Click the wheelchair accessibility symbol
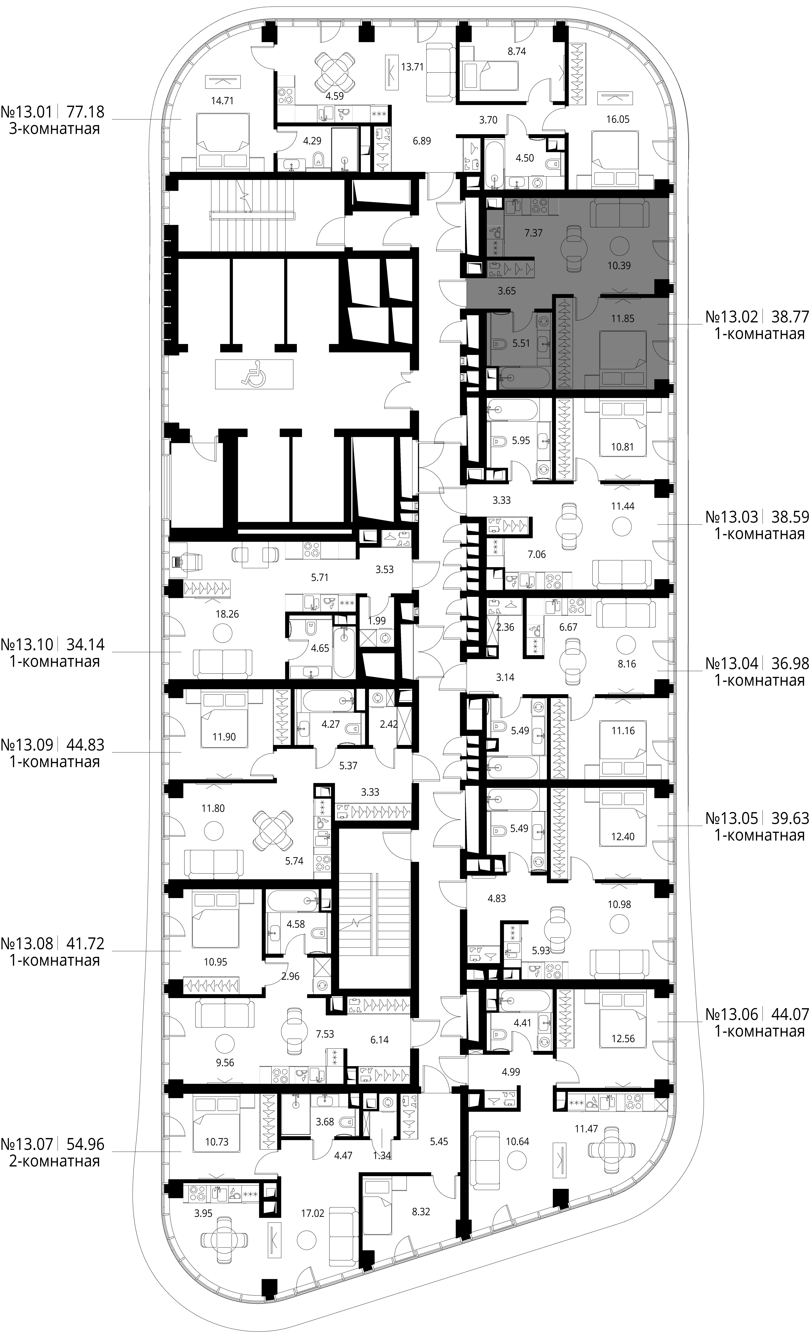pos(254,374)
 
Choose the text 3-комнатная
pos(55,129)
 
